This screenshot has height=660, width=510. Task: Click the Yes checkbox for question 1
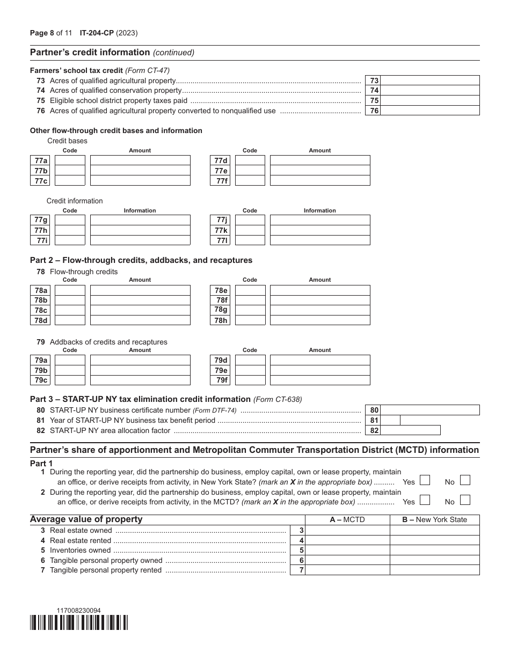click(x=425, y=480)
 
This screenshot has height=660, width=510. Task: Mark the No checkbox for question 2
click(x=465, y=500)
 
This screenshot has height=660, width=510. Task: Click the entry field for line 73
click(x=430, y=80)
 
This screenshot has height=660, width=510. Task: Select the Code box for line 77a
click(x=70, y=160)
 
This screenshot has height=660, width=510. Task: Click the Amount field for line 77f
click(x=319, y=181)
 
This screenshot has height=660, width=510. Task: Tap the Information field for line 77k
click(x=319, y=230)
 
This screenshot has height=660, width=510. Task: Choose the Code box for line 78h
click(x=250, y=320)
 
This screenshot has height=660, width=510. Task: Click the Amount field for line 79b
click(x=140, y=370)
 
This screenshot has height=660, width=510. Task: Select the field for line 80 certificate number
click(x=430, y=410)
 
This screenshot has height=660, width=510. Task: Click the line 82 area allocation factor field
click(x=411, y=430)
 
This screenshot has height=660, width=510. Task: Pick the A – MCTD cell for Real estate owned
click(x=347, y=530)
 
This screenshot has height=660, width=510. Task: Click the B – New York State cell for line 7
click(x=434, y=570)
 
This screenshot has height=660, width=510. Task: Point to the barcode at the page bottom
click(x=79, y=622)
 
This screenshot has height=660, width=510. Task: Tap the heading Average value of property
click(x=86, y=519)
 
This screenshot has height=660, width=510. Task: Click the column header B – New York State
click(x=434, y=519)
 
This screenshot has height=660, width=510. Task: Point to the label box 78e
click(x=221, y=290)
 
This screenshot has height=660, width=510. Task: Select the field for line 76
click(x=430, y=111)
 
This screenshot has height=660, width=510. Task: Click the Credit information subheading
click(x=75, y=201)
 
